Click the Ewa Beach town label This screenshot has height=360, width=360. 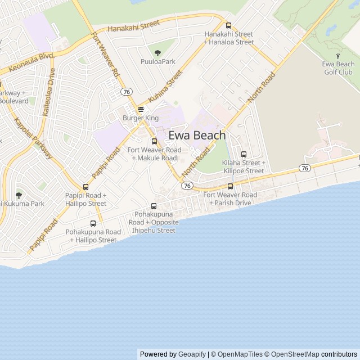pos(197,136)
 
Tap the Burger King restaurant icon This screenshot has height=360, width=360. pos(140,109)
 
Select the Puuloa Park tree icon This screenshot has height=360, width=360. pos(157,52)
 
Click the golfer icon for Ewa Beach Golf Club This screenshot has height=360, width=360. pos(337,56)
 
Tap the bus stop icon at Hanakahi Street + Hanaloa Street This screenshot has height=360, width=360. pos(228,25)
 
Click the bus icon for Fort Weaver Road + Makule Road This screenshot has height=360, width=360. pos(154,141)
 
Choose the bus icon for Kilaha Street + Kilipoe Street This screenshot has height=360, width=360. pos(244,154)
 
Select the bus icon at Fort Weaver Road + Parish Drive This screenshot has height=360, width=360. pos(230,186)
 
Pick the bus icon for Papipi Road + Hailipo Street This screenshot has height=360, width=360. pos(85,187)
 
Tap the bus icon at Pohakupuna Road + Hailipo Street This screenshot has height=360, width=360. pos(93,223)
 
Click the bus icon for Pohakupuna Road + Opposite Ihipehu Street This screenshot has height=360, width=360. pos(154,206)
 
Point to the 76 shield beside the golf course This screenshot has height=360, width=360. pos(304,168)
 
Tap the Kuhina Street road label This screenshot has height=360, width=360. pos(167,86)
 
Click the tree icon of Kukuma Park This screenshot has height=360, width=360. pos(19,195)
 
